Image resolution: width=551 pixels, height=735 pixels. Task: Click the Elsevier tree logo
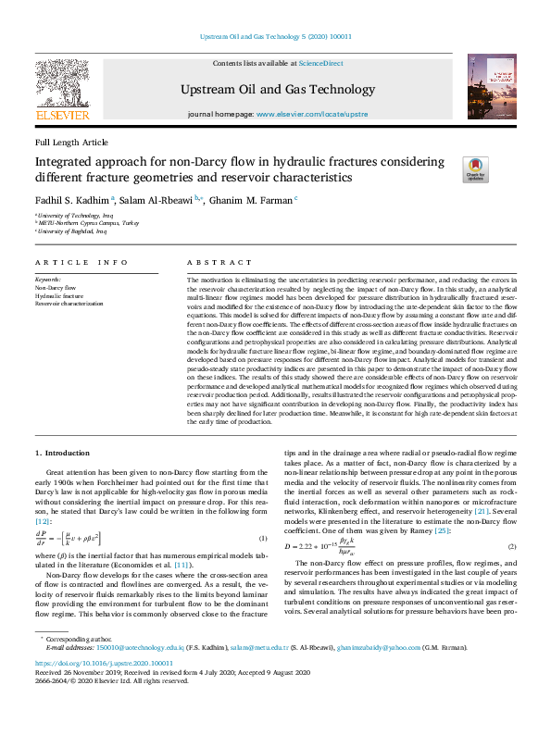(x=62, y=87)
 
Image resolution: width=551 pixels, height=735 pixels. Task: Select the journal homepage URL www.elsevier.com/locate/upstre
(x=311, y=113)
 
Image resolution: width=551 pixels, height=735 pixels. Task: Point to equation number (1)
(x=263, y=539)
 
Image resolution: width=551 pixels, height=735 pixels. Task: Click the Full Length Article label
(x=71, y=143)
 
